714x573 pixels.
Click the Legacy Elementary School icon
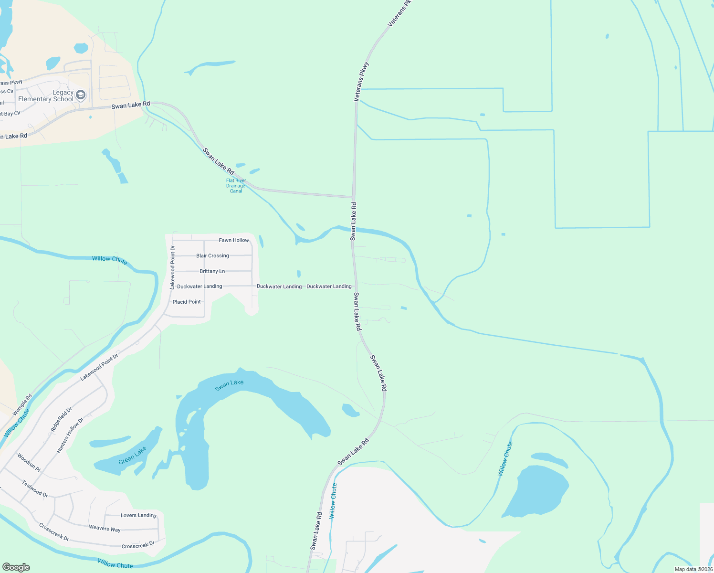[81, 95]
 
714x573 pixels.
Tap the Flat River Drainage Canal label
[236, 186]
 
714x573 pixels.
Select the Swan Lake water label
[229, 385]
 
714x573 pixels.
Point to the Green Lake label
[132, 455]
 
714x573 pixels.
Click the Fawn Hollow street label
[234, 240]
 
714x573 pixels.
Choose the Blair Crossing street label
[212, 256]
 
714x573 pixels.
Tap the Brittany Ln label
[212, 271]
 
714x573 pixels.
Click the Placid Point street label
[187, 302]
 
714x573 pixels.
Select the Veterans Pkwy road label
[362, 81]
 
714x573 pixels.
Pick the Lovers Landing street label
[138, 515]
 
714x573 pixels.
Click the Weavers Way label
[105, 528]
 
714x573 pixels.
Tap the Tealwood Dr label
[35, 488]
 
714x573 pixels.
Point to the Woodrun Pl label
[29, 462]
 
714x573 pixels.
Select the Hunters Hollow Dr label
[70, 435]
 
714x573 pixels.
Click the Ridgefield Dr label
[61, 419]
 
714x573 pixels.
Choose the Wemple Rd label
[22, 404]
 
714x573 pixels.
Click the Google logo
[16, 567]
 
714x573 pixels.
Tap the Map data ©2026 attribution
[693, 569]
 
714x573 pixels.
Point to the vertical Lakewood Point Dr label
[173, 267]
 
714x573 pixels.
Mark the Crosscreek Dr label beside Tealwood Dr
[54, 532]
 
